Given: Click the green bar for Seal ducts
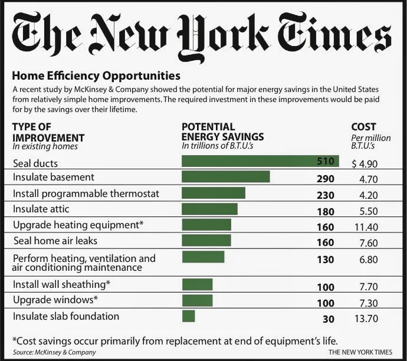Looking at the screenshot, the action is [x=260, y=161].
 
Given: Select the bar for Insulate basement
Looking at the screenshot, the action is [x=226, y=176].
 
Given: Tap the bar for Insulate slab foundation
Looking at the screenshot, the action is [x=188, y=316].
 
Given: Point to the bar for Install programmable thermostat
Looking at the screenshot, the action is [x=214, y=193].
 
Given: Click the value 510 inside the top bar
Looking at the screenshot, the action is [x=326, y=161].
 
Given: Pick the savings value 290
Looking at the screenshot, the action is [x=326, y=179].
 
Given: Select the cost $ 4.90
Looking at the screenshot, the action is [x=365, y=164].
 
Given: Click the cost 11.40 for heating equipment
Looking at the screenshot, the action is [x=366, y=227].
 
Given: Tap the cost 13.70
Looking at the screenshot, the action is [x=366, y=319].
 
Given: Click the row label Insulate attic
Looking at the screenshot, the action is [x=41, y=209].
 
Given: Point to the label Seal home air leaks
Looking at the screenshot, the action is [x=55, y=241].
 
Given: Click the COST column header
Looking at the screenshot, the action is [x=363, y=127].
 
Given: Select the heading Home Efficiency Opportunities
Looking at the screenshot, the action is [x=96, y=76].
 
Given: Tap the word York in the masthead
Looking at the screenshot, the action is [x=224, y=37].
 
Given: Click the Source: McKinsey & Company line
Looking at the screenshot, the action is [x=54, y=352].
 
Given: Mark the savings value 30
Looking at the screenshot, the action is [x=329, y=319].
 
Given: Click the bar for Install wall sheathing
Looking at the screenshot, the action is [x=197, y=284].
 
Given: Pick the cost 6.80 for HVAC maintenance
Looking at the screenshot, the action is [x=369, y=260].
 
